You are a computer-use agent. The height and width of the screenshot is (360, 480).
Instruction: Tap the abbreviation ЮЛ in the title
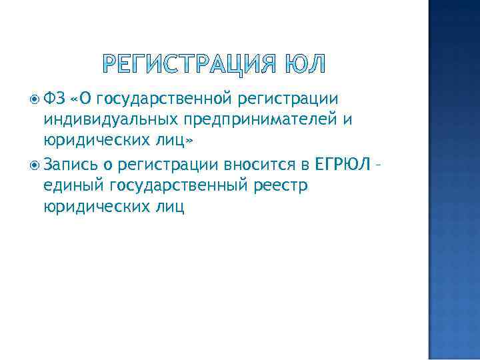coord(305,65)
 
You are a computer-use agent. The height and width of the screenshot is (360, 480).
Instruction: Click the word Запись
coord(70,163)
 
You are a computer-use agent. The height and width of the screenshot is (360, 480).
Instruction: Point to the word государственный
coord(177,185)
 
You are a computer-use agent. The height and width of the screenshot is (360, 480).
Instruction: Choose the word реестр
coord(281,185)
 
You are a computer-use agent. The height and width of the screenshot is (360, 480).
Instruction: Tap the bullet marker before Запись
coord(35,163)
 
